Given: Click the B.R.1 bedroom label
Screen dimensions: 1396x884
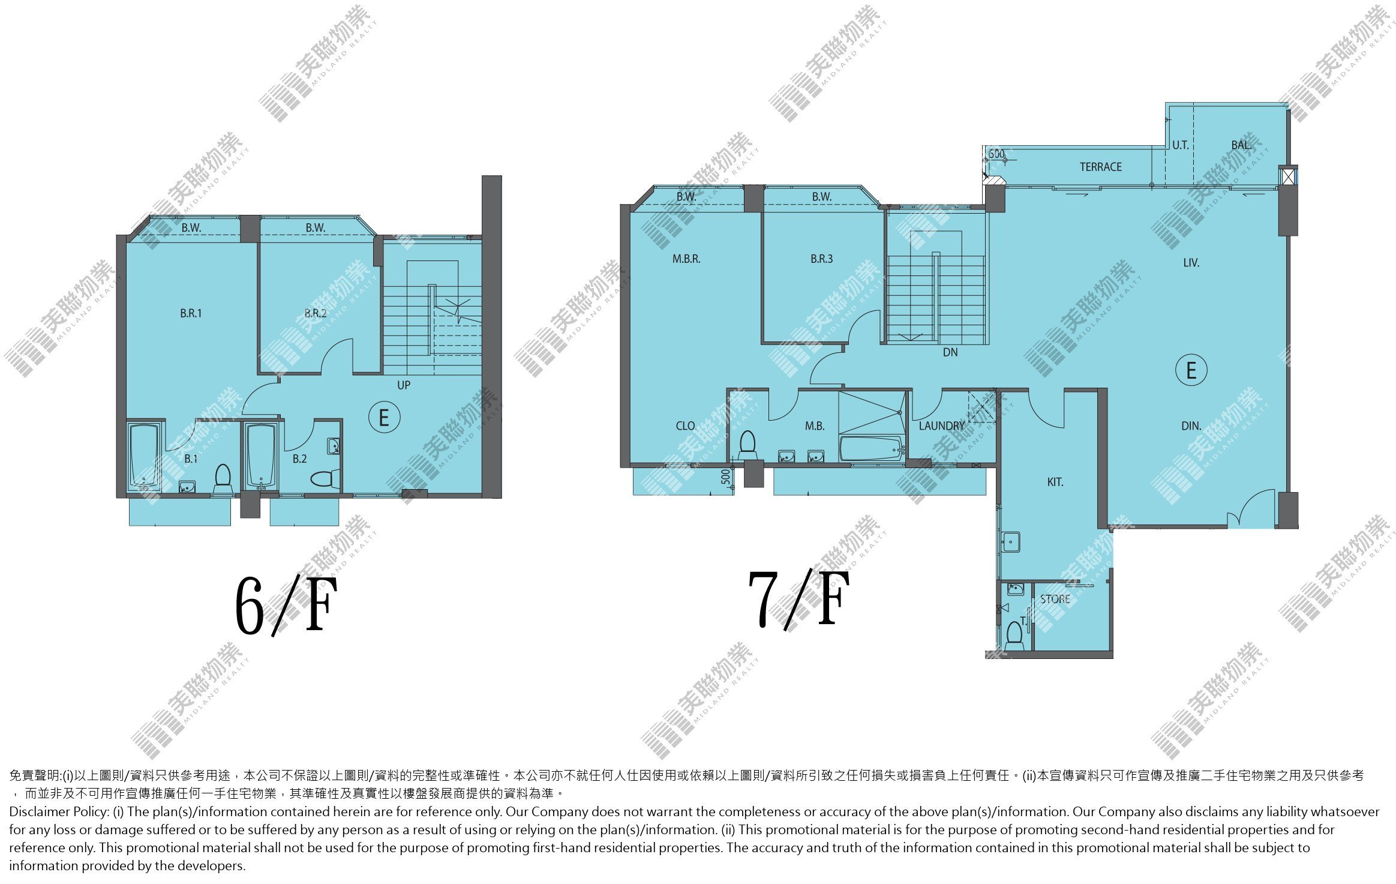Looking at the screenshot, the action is point(191,313).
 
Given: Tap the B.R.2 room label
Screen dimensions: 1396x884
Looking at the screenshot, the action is point(316,313).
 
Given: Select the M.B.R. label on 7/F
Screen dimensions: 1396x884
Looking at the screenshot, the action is point(686,259).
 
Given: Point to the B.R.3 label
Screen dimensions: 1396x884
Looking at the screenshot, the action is point(821,259).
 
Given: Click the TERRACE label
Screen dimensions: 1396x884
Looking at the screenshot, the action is point(1100,167).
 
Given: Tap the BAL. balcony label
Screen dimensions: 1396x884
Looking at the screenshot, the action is point(1241,145).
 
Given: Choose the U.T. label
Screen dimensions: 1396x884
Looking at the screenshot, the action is point(1180,145).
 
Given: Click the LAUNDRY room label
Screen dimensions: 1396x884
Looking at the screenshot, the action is point(942,426).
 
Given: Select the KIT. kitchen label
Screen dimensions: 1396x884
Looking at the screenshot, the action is point(1055,482).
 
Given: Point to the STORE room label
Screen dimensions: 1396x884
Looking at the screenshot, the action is point(1055,599).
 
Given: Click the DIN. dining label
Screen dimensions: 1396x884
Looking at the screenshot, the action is point(1191,426).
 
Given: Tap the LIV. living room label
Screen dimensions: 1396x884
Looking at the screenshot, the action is point(1191,263).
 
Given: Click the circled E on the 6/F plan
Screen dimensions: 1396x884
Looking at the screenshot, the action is point(384,417).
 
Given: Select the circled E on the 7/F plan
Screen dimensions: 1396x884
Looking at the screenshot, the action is point(1191,370).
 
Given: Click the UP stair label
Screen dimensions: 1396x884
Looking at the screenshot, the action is point(404,385).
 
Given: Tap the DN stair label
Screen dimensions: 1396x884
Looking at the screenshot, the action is point(950,352).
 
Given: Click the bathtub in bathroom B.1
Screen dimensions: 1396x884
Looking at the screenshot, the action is point(144,457).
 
